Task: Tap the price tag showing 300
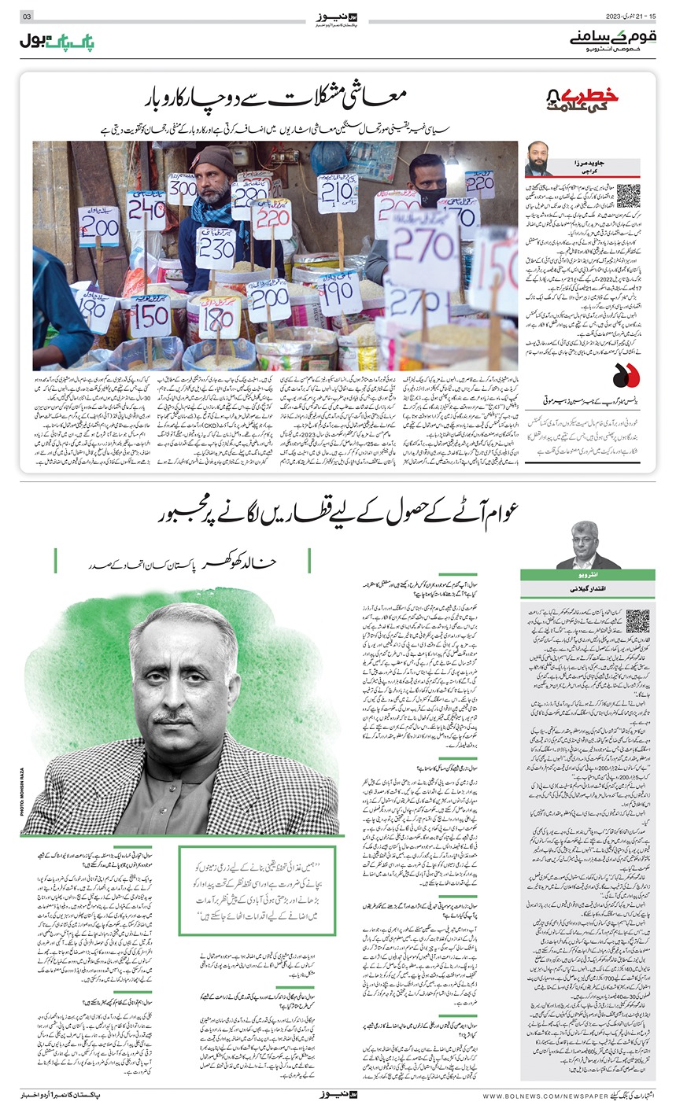point(182,189)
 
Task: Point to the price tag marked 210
point(337,193)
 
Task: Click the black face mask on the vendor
point(430,195)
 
